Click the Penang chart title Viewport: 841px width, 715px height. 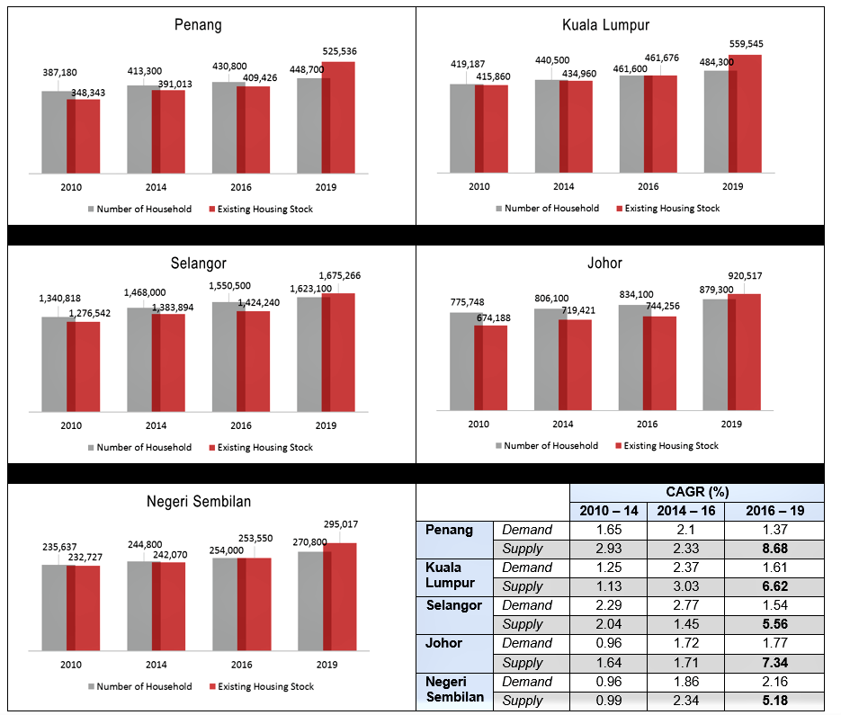click(x=198, y=24)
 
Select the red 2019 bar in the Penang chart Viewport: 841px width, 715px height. click(x=338, y=118)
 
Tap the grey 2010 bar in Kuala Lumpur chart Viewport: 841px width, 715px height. click(x=462, y=129)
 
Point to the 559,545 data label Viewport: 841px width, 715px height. click(x=746, y=44)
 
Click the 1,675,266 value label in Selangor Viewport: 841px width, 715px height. click(x=339, y=276)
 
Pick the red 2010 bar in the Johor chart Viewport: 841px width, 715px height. click(x=491, y=368)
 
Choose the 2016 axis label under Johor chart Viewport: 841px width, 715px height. click(x=648, y=424)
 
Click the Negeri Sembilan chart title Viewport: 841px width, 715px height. click(x=199, y=502)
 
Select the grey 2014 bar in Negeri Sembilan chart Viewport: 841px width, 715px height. click(x=139, y=606)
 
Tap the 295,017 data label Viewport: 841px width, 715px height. click(x=341, y=524)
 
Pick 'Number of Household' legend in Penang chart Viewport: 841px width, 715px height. click(x=140, y=210)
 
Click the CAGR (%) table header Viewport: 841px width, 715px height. click(x=697, y=492)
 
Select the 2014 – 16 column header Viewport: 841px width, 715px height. click(x=686, y=511)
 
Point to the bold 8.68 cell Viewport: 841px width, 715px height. click(x=775, y=549)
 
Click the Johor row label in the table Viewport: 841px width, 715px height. click(x=443, y=642)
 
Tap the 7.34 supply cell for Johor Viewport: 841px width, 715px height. click(x=775, y=663)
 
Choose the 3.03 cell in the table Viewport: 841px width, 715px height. click(x=686, y=586)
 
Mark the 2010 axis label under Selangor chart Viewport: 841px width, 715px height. click(x=71, y=425)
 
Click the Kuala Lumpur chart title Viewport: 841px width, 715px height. click(x=605, y=24)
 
